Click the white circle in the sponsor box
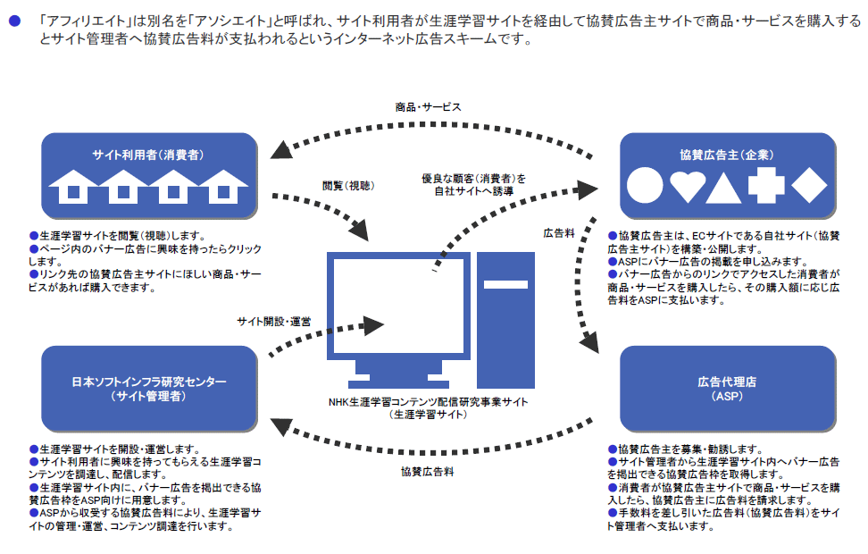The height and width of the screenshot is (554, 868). tap(645, 185)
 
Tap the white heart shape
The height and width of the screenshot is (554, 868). tap(688, 185)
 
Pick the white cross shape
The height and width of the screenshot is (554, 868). tap(766, 185)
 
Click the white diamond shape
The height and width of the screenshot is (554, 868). tap(809, 185)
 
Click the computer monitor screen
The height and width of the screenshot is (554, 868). tap(400, 304)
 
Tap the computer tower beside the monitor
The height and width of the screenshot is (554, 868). tap(505, 316)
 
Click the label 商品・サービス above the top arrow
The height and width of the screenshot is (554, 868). tap(429, 106)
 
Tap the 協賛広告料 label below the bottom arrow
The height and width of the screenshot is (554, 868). tap(427, 471)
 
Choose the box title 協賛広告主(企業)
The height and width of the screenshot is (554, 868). tap(727, 155)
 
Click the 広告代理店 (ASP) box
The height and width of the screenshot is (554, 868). tap(727, 388)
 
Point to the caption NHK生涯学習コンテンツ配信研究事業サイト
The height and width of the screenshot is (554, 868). tap(428, 402)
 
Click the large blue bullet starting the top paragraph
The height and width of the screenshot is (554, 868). tap(13, 19)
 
